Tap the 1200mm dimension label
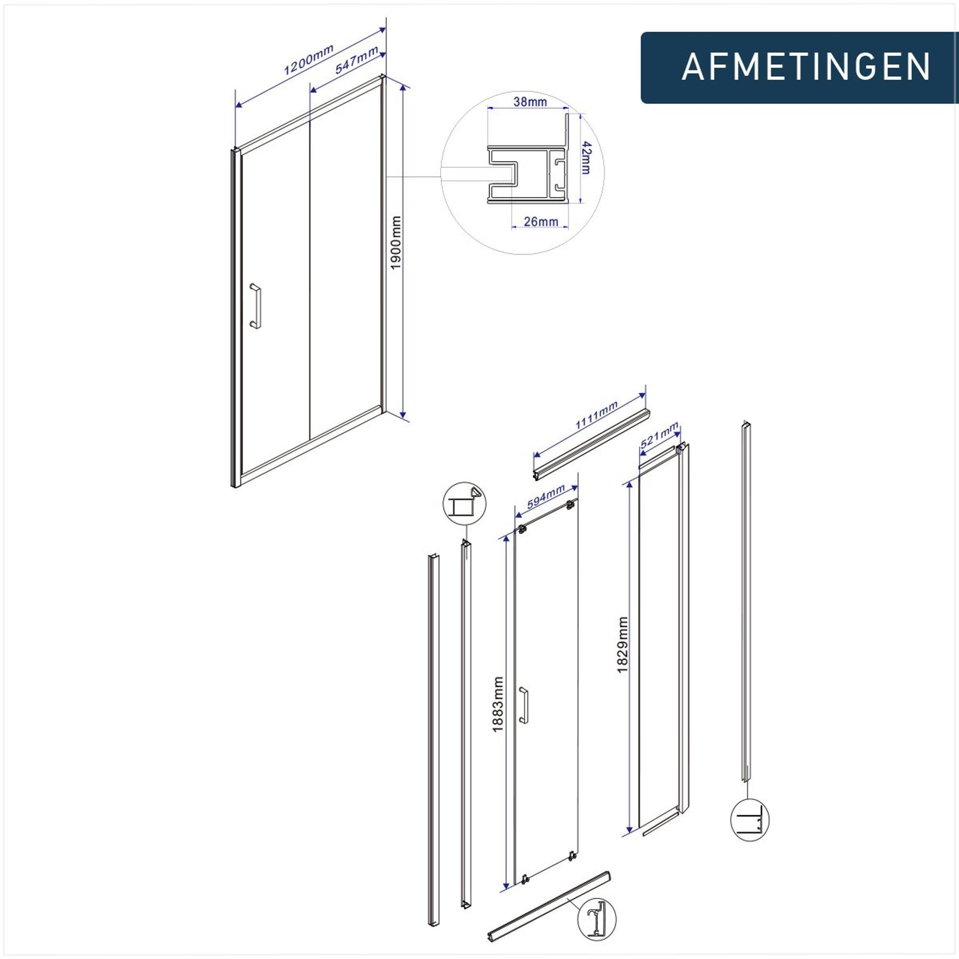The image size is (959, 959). (308, 59)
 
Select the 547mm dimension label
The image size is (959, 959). (356, 59)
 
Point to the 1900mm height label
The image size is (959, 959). (395, 243)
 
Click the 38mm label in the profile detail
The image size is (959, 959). (530, 102)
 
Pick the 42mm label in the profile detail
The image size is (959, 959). (586, 158)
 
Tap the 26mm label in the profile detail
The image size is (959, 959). (541, 222)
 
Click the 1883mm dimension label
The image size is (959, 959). (498, 704)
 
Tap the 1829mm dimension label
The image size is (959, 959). (622, 645)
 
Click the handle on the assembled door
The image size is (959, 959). (256, 306)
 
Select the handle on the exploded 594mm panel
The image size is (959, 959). (523, 704)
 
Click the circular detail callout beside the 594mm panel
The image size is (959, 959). (464, 504)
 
